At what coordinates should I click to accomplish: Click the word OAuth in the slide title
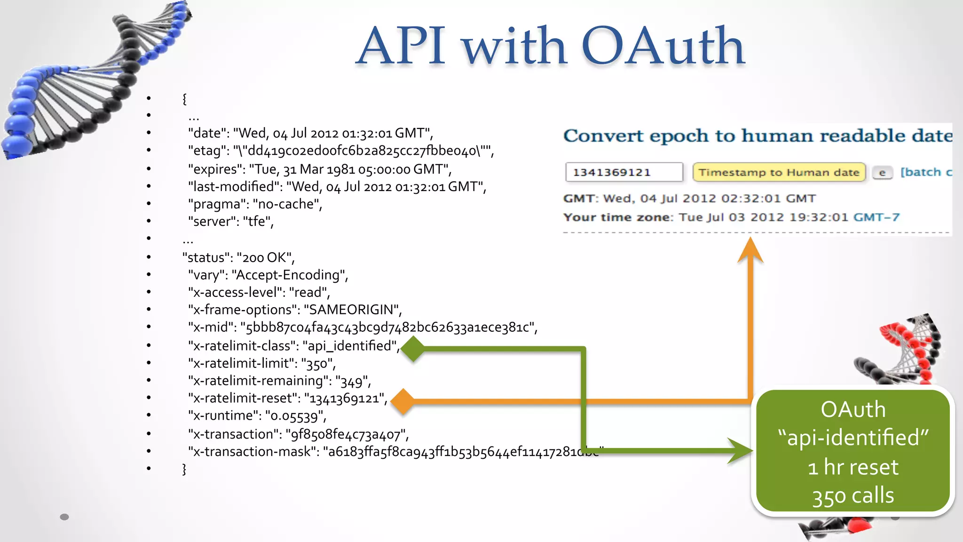point(663,46)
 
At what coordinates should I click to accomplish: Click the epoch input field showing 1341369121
point(624,172)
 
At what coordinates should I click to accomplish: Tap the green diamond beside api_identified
point(413,349)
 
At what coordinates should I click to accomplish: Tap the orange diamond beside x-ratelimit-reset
point(403,401)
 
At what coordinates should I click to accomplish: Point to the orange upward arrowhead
point(750,250)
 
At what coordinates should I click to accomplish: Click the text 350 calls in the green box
point(853,496)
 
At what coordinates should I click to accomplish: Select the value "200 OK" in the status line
point(265,258)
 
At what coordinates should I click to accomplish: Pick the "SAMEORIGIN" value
point(353,310)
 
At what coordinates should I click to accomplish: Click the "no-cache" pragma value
point(287,204)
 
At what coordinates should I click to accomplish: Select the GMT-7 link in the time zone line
point(876,217)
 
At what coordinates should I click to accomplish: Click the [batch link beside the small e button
point(925,172)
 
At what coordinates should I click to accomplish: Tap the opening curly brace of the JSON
point(184,99)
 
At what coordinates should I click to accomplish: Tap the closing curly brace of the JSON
point(184,469)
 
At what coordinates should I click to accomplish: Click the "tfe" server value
point(257,222)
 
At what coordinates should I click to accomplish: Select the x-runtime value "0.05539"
point(294,416)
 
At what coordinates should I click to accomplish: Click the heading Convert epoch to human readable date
point(757,136)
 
